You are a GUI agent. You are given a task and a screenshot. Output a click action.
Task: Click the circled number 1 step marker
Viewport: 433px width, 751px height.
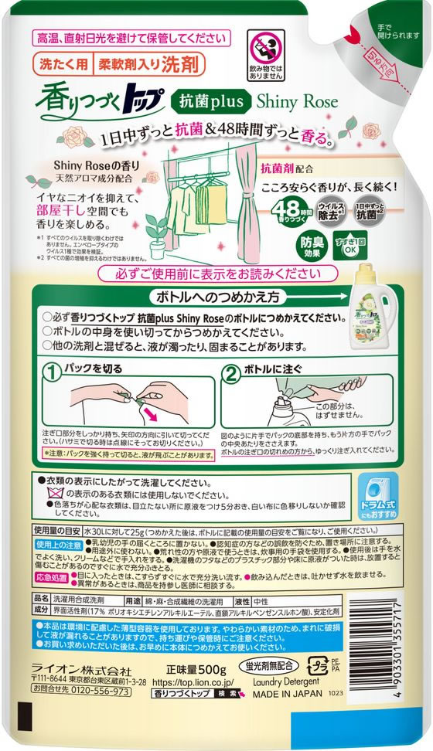coord(52,374)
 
